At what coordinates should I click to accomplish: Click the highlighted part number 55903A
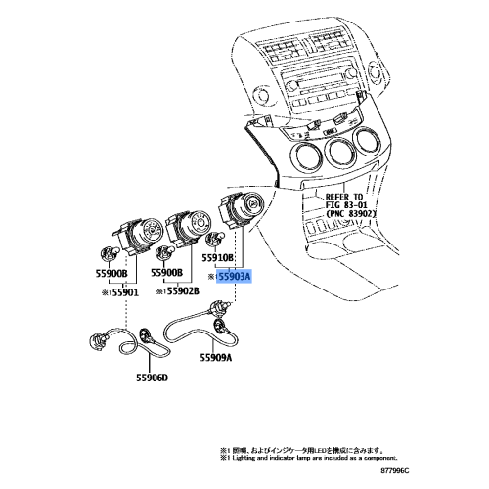pos(233,277)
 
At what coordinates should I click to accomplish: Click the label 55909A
pos(216,358)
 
